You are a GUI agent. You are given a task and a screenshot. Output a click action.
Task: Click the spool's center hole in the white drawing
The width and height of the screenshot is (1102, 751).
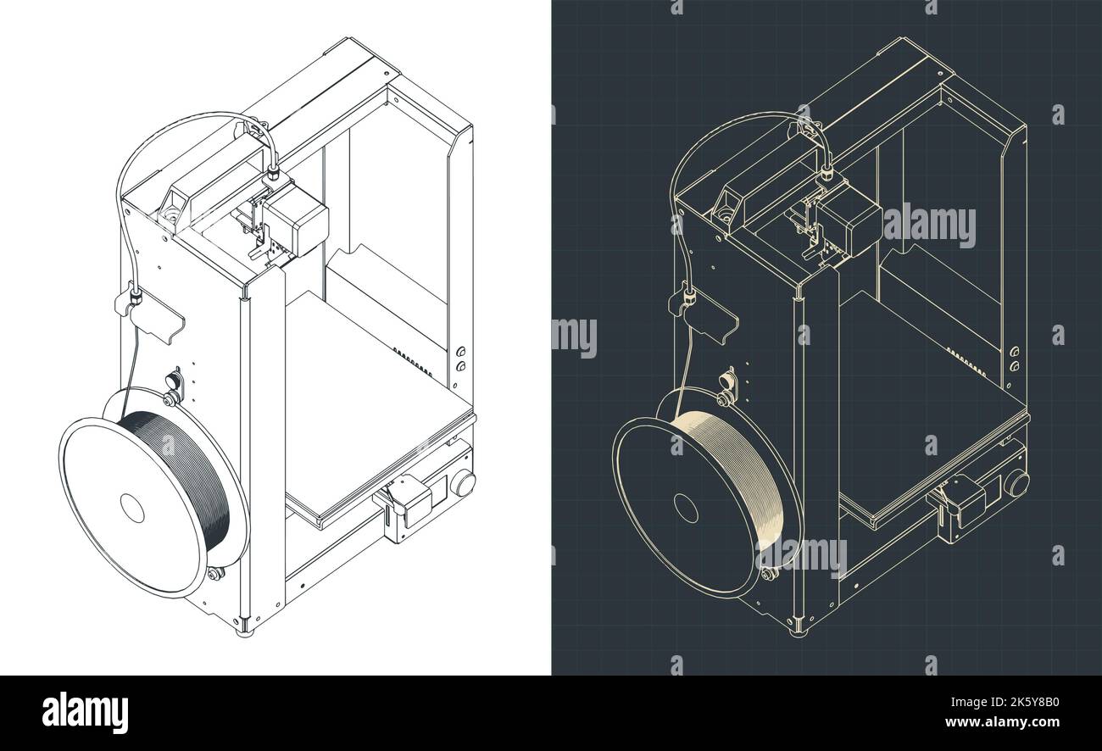click(x=132, y=508)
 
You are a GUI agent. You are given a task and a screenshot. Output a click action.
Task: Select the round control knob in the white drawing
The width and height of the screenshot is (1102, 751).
click(x=463, y=484)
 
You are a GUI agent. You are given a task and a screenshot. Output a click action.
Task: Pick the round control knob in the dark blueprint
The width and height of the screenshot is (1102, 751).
click(x=1016, y=484)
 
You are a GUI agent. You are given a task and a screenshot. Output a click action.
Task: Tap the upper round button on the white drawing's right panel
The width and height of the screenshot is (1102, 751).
click(x=461, y=352)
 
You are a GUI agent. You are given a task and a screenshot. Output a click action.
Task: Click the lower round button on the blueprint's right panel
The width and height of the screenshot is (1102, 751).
click(x=1015, y=367)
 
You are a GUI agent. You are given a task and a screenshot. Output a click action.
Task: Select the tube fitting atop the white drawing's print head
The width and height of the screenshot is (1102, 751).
click(x=274, y=175)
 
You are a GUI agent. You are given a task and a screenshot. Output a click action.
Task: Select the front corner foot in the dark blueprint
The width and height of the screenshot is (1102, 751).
click(x=798, y=629)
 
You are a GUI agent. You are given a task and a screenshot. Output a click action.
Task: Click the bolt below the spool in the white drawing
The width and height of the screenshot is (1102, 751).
click(x=214, y=574)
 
